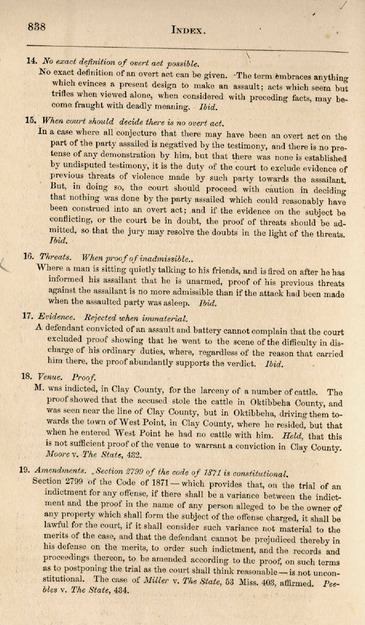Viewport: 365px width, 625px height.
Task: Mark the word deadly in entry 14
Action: [x=147, y=106]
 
